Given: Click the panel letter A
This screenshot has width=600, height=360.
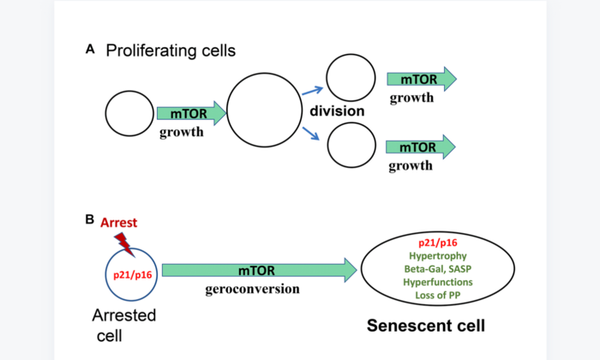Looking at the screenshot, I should (x=90, y=51).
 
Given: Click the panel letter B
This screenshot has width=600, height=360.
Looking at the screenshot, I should (x=90, y=219).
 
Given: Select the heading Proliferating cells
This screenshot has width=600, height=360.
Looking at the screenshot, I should (x=171, y=51).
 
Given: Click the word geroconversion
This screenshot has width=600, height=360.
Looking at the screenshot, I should (x=252, y=289).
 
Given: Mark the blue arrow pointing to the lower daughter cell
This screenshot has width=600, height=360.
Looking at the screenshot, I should (x=309, y=134).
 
